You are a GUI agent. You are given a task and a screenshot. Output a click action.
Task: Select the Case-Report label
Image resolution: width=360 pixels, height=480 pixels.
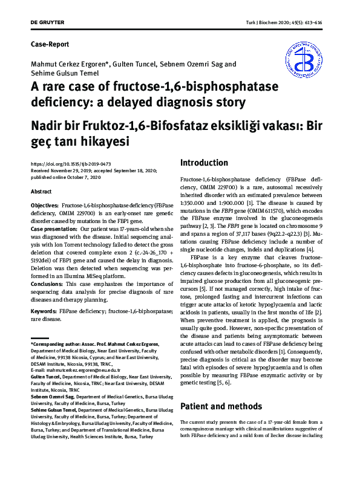click(50, 44)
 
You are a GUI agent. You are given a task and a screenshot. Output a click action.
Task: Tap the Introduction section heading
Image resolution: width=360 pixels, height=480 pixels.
click(205, 163)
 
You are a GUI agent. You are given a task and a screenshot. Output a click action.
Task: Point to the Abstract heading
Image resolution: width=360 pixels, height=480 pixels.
click(42, 192)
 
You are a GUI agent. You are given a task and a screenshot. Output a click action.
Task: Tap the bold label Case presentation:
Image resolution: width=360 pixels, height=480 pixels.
click(57, 230)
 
